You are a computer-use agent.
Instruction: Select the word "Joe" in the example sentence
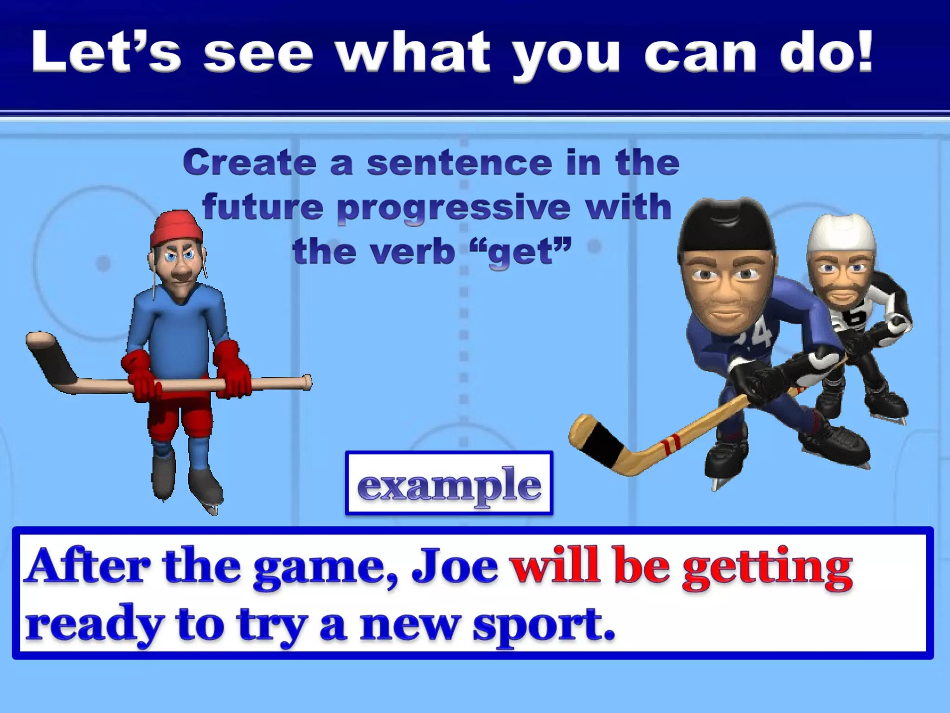click(x=455, y=569)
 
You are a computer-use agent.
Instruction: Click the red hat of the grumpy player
click(x=176, y=228)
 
